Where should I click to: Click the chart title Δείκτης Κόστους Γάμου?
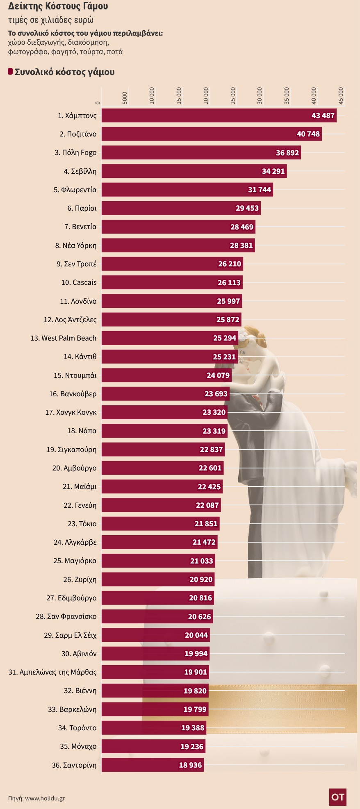(x=58, y=7)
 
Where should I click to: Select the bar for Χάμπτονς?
(x=205, y=116)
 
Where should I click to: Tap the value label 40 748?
(x=308, y=134)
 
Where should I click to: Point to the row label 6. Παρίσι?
(x=82, y=208)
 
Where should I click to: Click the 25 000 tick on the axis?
(x=233, y=96)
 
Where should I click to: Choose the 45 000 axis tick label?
(x=341, y=96)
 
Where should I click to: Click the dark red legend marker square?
(x=10, y=72)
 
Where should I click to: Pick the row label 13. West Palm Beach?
(x=63, y=338)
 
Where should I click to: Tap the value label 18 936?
(x=191, y=765)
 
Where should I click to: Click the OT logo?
(x=338, y=797)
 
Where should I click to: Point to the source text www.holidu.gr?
(x=45, y=798)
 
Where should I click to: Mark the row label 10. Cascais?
(x=79, y=282)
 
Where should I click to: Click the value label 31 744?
(x=260, y=190)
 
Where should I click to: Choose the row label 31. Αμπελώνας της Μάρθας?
(x=52, y=672)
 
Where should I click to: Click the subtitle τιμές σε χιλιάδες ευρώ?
(x=51, y=20)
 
